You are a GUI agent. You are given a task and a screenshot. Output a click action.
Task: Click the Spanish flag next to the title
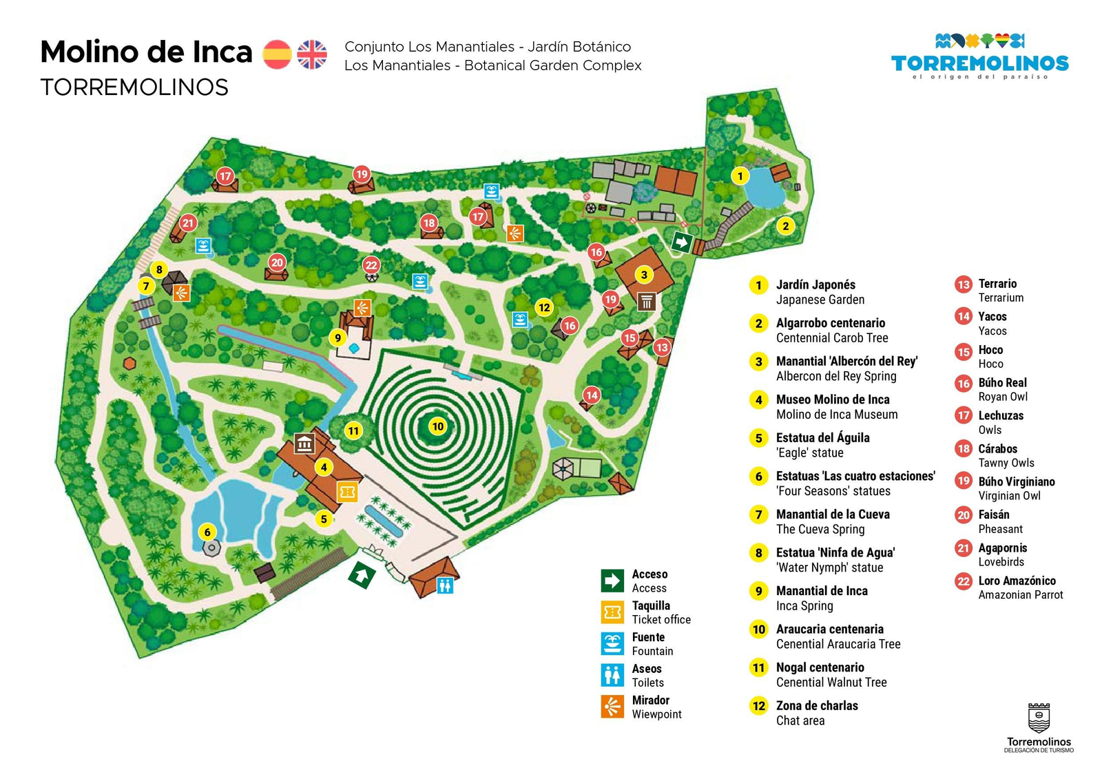277,54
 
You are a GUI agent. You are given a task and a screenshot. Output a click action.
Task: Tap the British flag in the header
312,54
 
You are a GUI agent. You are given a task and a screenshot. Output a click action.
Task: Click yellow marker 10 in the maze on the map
438,426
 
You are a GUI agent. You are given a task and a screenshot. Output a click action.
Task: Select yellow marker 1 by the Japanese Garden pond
740,176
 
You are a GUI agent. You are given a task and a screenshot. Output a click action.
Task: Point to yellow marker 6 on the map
207,531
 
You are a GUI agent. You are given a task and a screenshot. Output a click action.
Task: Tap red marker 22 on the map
371,265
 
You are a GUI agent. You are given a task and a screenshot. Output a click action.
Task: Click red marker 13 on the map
661,347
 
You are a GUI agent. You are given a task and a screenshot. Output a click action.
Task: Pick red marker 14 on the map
592,395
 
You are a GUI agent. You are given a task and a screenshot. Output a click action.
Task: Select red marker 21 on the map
188,222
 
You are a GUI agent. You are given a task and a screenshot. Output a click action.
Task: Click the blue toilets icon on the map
445,586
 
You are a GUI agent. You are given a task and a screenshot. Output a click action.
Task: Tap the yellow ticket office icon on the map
347,492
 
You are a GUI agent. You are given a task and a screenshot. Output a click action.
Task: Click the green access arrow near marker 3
681,242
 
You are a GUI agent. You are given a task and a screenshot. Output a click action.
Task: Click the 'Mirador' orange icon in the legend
612,707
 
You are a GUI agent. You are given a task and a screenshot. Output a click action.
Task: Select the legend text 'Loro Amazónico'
1017,581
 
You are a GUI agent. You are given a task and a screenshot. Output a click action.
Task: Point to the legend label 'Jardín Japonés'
815,284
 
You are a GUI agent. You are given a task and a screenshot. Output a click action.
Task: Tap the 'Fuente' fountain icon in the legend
612,644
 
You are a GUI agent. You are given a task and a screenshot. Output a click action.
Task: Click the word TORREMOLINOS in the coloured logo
979,63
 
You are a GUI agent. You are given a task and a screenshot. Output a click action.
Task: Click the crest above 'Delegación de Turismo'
1039,718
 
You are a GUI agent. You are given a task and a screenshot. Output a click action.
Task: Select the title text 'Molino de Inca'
146,52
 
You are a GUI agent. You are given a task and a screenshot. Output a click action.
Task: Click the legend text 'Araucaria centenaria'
829,629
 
